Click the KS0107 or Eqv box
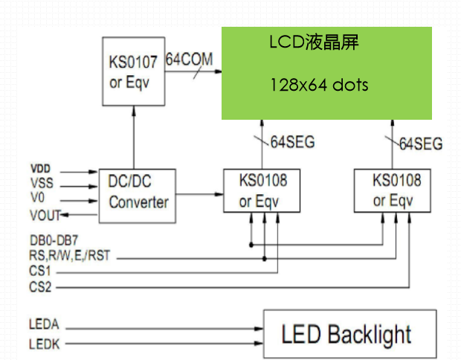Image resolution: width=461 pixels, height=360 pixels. pos(132,71)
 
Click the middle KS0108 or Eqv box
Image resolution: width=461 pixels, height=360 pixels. pos(262,190)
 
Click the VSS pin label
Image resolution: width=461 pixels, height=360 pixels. pos(42,184)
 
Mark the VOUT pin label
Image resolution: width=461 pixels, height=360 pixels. pos(45,215)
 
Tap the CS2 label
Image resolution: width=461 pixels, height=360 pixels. pos(40,286)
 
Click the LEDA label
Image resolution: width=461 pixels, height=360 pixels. pos(44,324)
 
